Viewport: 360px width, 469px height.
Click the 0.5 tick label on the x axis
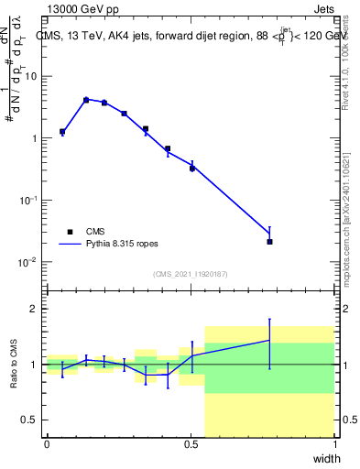tap(191, 444)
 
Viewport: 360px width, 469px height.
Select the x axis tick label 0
tap(47, 444)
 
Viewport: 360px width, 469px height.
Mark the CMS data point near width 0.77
tap(269, 242)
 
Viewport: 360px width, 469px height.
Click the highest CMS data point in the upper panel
tap(86, 100)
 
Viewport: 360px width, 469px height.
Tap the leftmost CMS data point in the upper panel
tap(62, 132)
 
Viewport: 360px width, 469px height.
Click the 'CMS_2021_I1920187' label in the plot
tap(189, 274)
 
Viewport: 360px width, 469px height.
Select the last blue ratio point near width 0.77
tap(269, 340)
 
